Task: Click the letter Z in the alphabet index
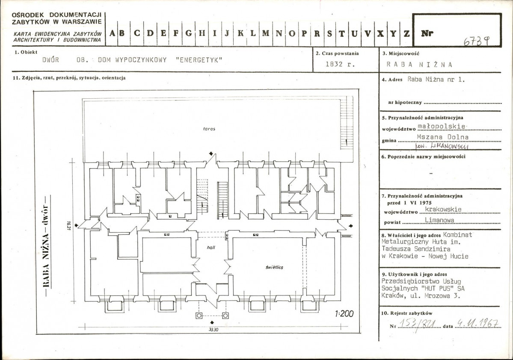click(x=406, y=33)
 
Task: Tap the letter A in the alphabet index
click(x=112, y=33)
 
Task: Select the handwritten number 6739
click(x=476, y=41)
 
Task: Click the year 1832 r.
click(x=340, y=64)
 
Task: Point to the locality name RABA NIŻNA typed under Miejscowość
click(x=419, y=65)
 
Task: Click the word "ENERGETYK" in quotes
click(x=199, y=60)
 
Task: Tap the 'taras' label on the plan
click(x=209, y=129)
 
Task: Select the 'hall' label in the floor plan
click(x=211, y=248)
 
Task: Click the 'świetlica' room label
click(x=274, y=267)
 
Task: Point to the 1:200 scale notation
click(x=344, y=314)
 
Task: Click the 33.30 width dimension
click(x=214, y=330)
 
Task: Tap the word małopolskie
click(x=442, y=126)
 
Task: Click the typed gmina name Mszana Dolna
click(x=443, y=137)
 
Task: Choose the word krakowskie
click(x=443, y=209)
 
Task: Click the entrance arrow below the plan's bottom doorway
click(x=212, y=323)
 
